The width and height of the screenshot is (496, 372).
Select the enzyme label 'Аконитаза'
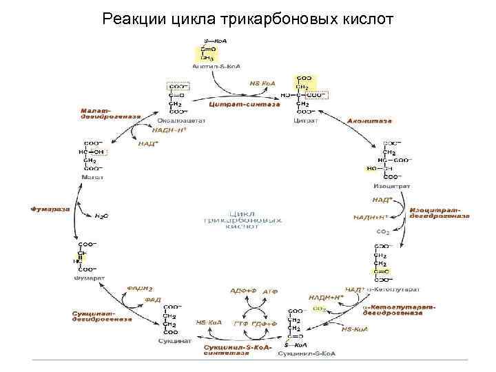click(370, 120)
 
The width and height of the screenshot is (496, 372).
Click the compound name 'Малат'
click(92, 177)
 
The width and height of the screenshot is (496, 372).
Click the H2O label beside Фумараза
click(101, 216)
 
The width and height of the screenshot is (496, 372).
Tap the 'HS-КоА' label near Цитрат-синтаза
click(262, 83)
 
